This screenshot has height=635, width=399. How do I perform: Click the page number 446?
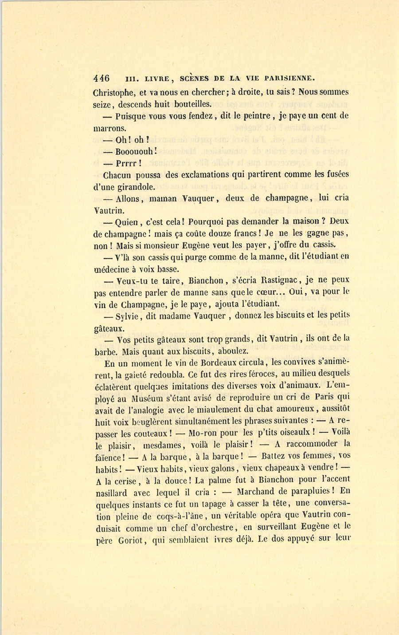tap(102, 78)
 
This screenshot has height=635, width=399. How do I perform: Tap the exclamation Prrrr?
tap(128, 163)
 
